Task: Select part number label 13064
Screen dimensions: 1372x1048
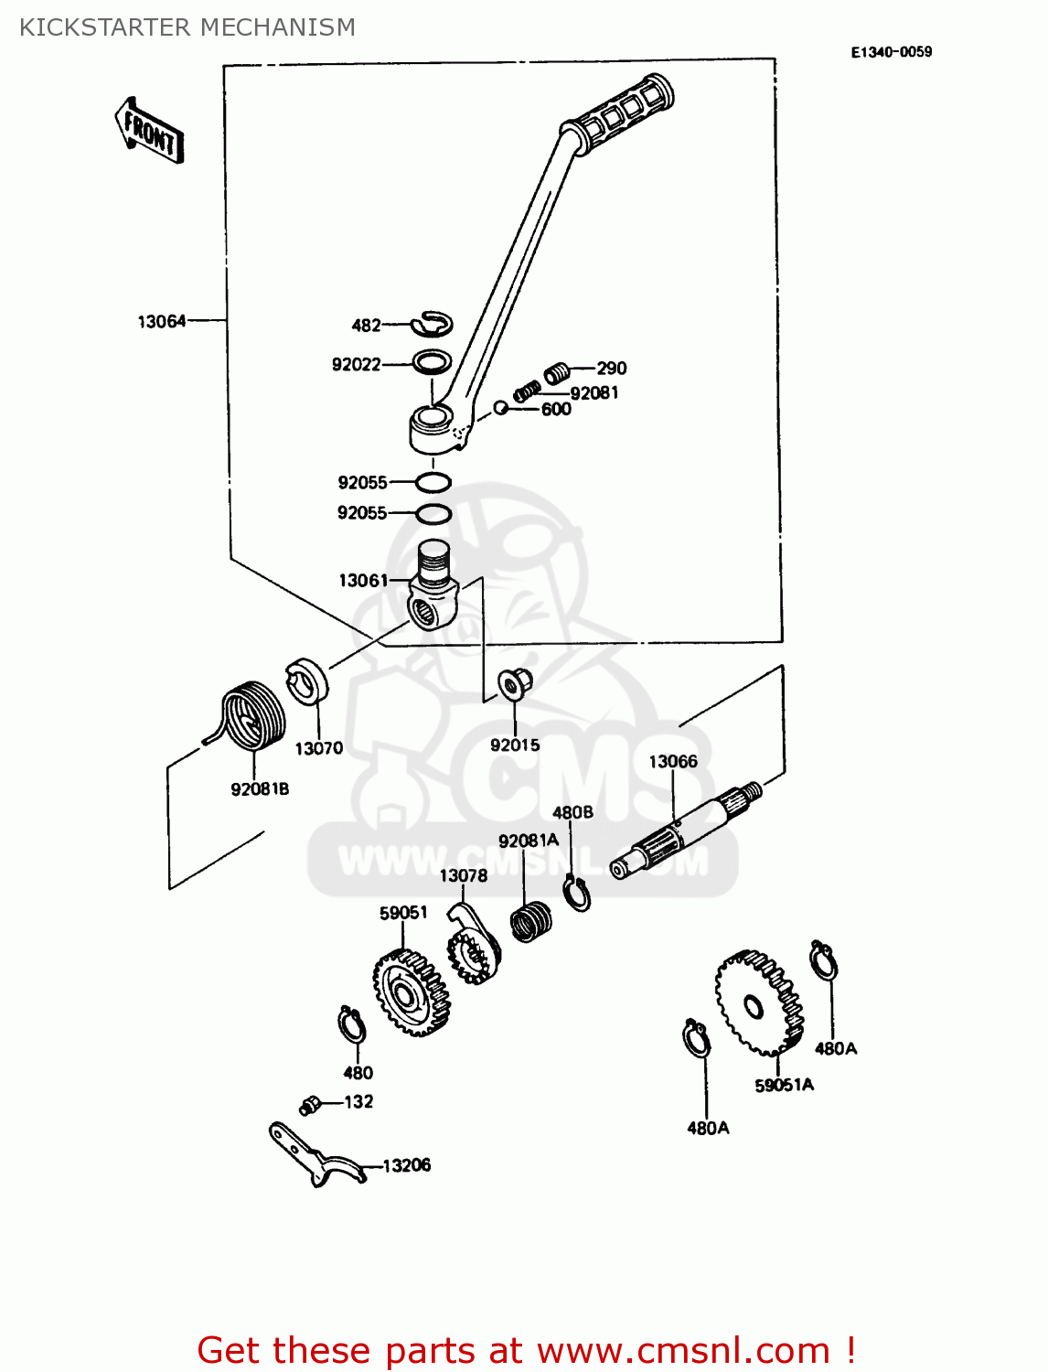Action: (x=161, y=321)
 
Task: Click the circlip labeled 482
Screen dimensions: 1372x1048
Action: (x=433, y=323)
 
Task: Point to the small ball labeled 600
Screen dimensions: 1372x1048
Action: (x=500, y=407)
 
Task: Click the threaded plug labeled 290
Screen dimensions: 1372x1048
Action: (x=558, y=371)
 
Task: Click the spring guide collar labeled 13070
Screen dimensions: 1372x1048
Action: (x=307, y=682)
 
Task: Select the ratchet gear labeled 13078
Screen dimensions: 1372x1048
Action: (x=474, y=951)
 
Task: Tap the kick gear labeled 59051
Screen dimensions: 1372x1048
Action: (x=412, y=992)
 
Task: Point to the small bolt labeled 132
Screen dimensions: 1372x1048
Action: (x=309, y=1106)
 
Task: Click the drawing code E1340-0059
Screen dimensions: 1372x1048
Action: (x=891, y=52)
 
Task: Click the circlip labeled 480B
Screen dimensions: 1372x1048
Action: (x=578, y=894)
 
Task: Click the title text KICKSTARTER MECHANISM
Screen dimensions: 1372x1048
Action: (x=187, y=27)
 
